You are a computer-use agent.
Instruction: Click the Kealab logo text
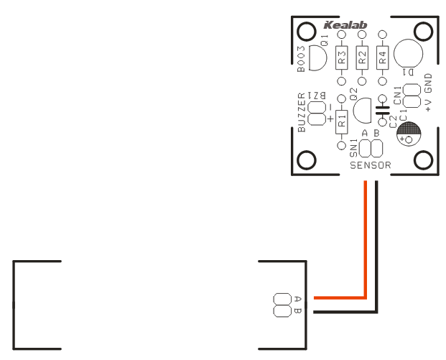coord(345,25)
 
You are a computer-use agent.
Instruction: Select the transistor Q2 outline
coord(361,110)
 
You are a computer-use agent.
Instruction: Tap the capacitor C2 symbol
coord(382,111)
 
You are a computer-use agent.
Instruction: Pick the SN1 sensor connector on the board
coord(371,149)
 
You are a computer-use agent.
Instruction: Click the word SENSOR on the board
coord(371,165)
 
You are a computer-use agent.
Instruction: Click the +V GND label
coord(429,93)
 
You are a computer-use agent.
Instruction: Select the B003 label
coord(302,59)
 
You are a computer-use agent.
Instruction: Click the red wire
coord(366,244)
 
